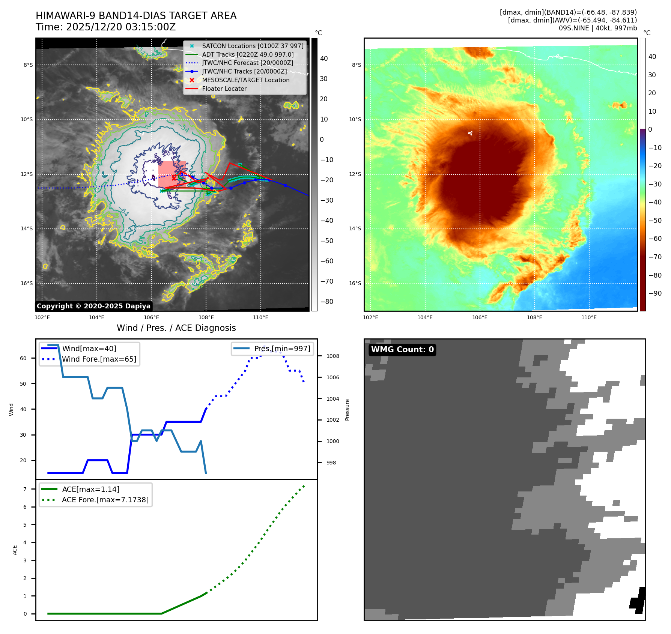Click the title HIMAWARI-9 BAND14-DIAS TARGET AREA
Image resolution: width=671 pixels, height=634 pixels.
click(x=136, y=16)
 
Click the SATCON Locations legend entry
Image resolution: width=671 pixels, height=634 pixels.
click(x=253, y=46)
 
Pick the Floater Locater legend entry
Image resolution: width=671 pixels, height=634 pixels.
click(x=224, y=89)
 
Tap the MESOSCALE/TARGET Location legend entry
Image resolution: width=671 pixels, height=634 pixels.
click(x=245, y=80)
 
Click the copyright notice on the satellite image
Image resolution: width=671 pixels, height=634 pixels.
click(x=93, y=306)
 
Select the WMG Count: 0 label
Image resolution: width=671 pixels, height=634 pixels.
click(x=402, y=350)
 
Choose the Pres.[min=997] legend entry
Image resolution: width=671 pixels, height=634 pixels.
click(x=282, y=349)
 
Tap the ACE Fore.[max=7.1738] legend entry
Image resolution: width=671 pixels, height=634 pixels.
click(x=105, y=500)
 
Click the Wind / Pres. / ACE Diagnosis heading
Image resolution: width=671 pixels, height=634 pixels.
click(x=176, y=328)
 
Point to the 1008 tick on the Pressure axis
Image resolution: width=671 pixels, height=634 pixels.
click(x=332, y=356)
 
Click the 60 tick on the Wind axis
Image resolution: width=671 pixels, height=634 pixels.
click(x=23, y=358)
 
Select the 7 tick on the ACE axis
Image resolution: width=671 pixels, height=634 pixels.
click(x=25, y=489)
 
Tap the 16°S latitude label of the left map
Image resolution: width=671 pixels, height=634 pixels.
click(x=27, y=283)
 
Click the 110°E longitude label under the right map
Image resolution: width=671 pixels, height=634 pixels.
click(x=589, y=317)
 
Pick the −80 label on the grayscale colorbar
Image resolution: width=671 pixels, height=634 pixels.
click(x=326, y=302)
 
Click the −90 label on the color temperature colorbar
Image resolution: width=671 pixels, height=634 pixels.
click(x=655, y=293)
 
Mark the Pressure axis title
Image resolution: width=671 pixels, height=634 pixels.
click(x=347, y=410)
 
